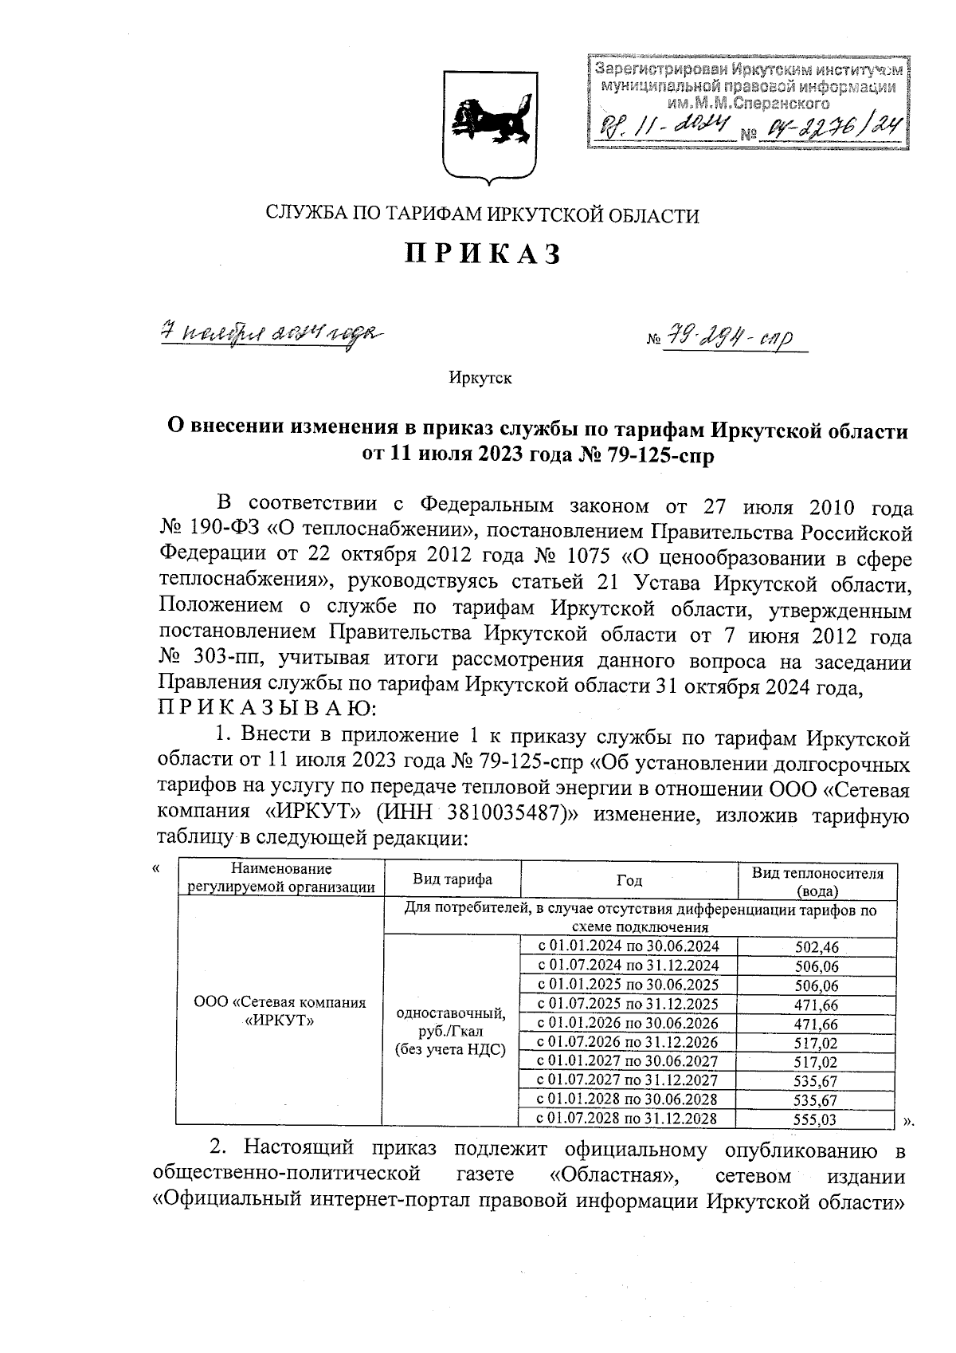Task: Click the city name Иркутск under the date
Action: coord(480,378)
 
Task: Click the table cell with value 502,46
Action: coord(817,947)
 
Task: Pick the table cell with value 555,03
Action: coord(817,1119)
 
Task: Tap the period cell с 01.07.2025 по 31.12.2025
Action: coord(629,1004)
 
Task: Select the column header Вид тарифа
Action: coord(452,879)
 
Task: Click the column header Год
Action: coord(629,880)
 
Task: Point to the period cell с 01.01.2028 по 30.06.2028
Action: coord(629,1099)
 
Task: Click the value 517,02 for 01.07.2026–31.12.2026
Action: coord(817,1043)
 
